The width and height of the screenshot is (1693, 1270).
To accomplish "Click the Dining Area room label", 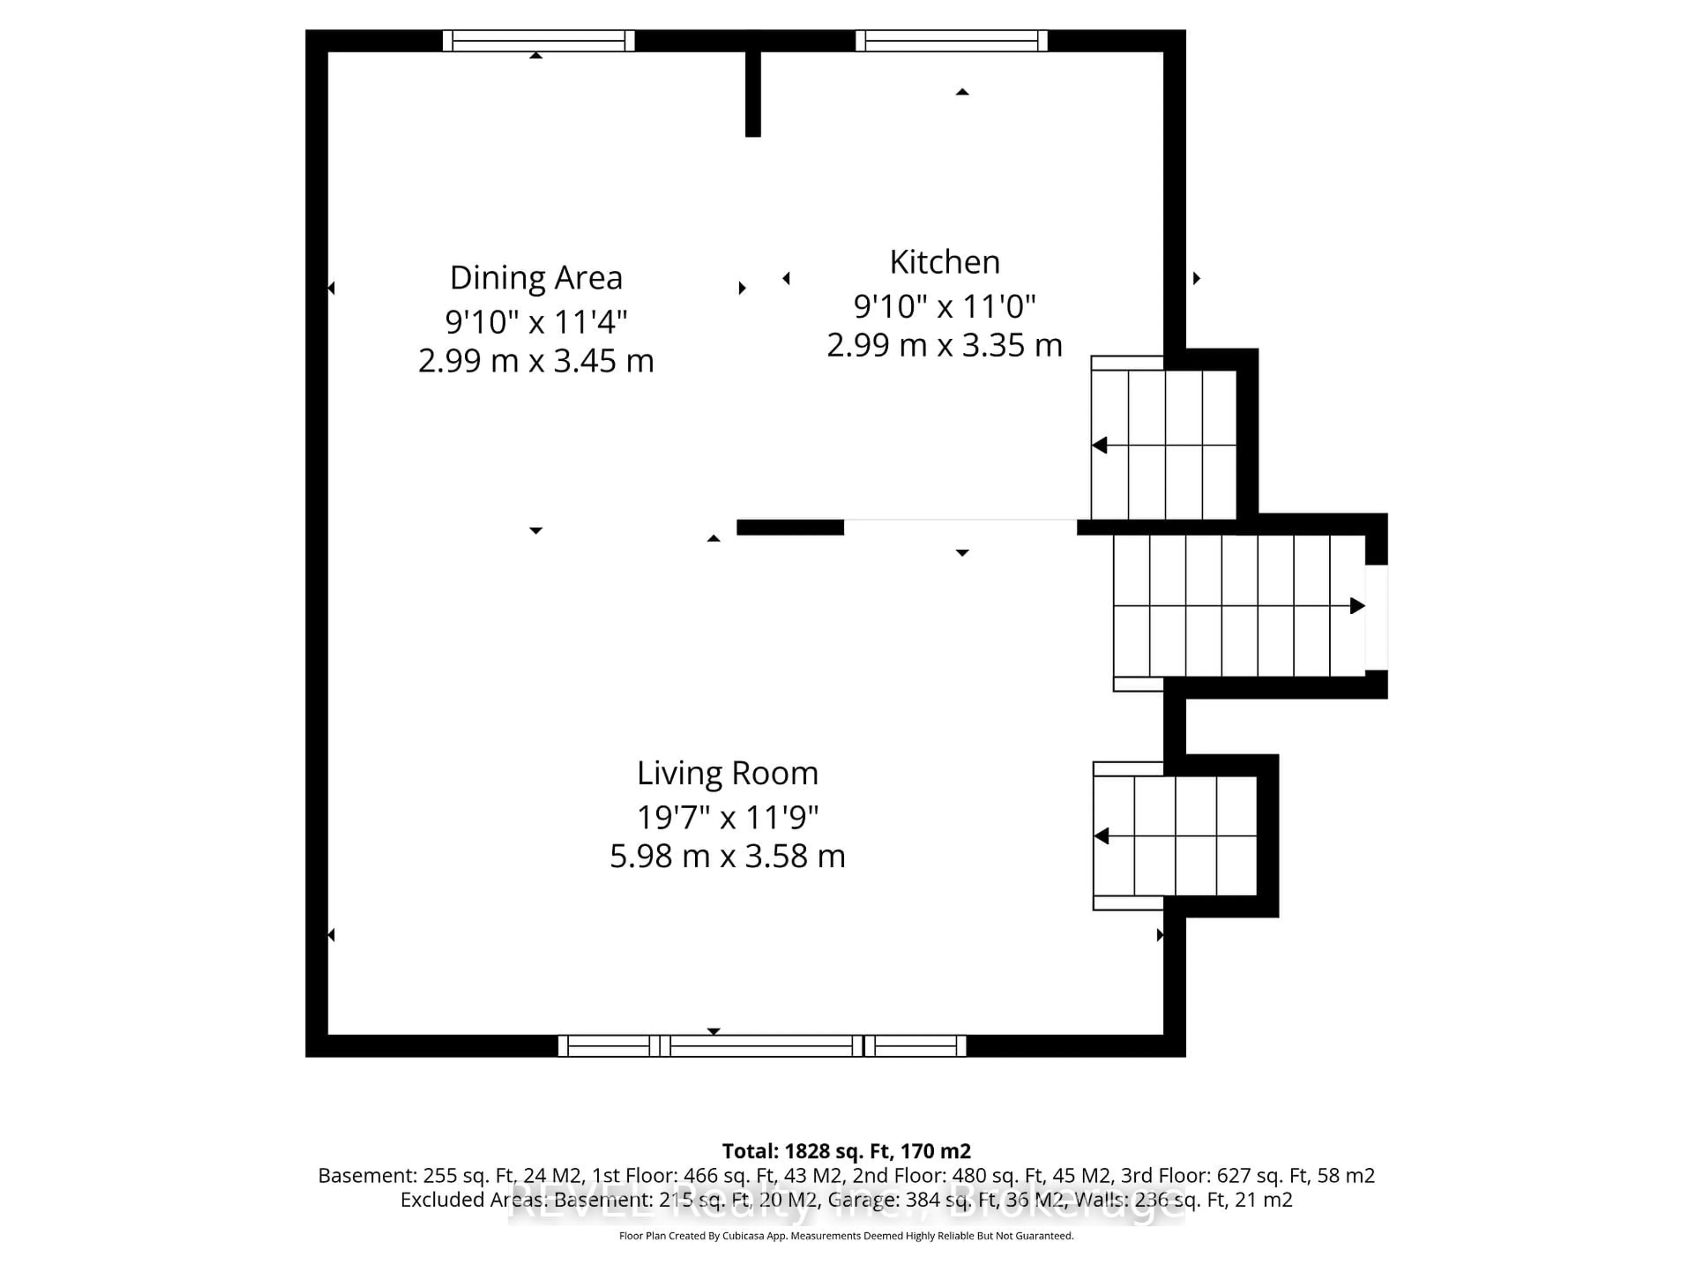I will tap(536, 278).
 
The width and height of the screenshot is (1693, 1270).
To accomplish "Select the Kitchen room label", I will tap(944, 262).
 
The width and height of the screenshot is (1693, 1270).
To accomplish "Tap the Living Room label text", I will tap(727, 773).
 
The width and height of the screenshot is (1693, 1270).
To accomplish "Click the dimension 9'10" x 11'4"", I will tap(536, 321).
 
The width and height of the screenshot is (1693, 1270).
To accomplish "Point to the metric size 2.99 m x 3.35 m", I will tap(944, 345).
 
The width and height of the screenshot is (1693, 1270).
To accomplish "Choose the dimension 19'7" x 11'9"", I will tap(727, 818).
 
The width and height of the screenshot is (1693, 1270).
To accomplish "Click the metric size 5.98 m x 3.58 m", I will tap(727, 856).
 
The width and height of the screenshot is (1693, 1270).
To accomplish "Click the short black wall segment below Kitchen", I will tap(790, 527).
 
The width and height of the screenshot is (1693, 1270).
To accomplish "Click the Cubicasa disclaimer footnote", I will tap(846, 1236).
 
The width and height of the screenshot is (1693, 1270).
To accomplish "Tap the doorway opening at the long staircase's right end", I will tap(1376, 617).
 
